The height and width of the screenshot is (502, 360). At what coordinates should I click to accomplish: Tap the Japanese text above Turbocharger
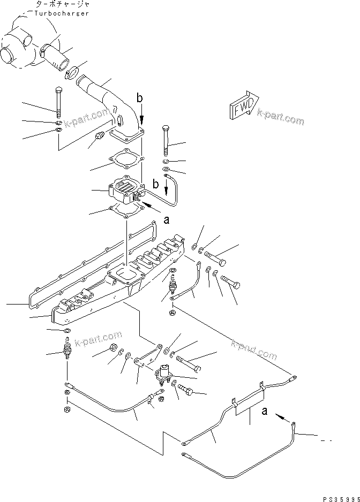[x=61, y=4]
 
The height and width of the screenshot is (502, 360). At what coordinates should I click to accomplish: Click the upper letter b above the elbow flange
[x=140, y=98]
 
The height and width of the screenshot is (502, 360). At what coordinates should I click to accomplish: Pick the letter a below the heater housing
[x=166, y=219]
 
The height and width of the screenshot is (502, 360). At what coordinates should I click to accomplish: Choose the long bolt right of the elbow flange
[x=165, y=140]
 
